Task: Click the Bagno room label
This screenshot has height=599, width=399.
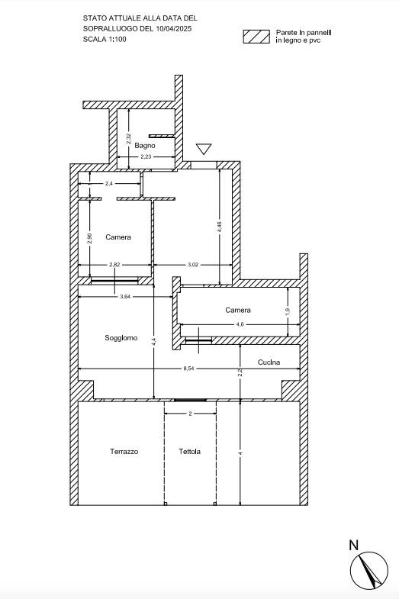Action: point(145,146)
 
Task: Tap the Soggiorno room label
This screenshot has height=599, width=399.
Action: point(121,338)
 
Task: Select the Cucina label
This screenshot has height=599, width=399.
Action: point(269,362)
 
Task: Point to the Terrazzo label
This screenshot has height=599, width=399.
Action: point(124,452)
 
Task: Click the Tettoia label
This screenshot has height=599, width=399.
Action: point(190,452)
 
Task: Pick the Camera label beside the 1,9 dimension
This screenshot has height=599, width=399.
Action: point(238,310)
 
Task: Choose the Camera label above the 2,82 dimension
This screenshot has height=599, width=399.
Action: point(118,237)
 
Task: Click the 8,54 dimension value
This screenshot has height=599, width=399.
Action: point(188,369)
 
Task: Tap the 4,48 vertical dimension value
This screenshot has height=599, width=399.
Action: point(219,227)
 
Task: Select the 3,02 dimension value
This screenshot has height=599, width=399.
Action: point(193,264)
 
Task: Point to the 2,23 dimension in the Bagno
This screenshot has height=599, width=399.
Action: point(146,156)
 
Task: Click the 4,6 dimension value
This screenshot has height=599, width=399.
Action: point(240,325)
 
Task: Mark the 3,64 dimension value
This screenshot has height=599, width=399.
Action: point(125,296)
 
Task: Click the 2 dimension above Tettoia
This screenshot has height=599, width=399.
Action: point(190,414)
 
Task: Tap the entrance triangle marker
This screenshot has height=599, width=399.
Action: point(204,149)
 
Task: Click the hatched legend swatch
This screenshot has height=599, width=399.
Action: point(256,37)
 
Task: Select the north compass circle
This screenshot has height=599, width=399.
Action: point(369,571)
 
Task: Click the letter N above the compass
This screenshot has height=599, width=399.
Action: point(354,545)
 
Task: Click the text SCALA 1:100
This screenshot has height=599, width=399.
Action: point(105,39)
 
